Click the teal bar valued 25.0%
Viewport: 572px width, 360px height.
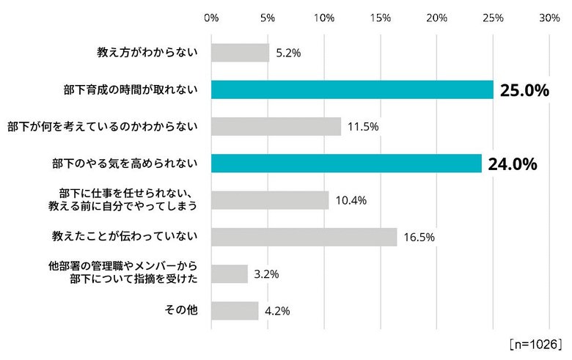coord(352,89)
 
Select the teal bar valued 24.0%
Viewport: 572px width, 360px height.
coord(346,163)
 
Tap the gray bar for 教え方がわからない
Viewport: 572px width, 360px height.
coord(240,53)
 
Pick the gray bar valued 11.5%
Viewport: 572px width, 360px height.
coord(276,126)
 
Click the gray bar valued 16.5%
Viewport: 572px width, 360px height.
coord(304,237)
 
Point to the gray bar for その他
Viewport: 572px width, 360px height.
coord(235,310)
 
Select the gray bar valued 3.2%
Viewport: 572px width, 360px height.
coord(229,273)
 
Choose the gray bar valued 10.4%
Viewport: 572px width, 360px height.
coord(270,200)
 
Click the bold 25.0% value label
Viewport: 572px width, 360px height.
coord(524,90)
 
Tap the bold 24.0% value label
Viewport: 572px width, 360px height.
coord(513,164)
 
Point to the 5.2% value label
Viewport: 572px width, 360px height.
coord(288,54)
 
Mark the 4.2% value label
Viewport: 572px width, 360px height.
coord(277,311)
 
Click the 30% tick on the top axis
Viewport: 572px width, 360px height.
coord(550,17)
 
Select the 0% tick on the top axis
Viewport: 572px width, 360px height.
coord(211,17)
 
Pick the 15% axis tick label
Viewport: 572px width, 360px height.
coord(381,17)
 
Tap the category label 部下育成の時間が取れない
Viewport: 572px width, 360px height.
coord(131,89)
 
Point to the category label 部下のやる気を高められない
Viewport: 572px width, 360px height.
coord(125,163)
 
